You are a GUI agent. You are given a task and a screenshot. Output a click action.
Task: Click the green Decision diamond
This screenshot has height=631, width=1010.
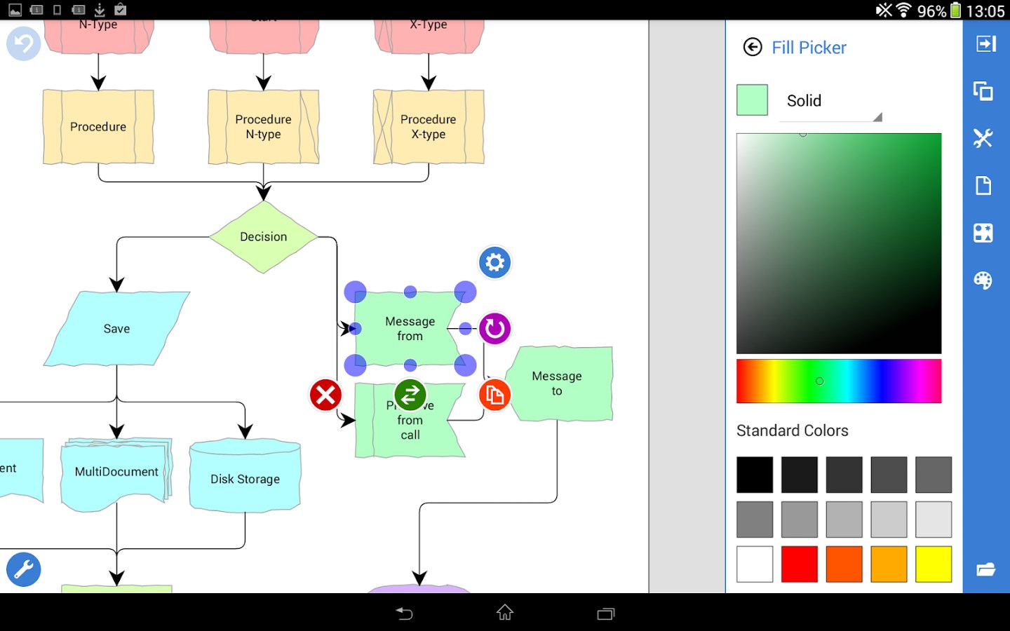tap(263, 237)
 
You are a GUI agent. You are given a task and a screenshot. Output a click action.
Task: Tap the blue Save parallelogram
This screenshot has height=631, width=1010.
tap(116, 329)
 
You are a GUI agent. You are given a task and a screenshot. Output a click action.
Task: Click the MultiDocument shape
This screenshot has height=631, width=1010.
tap(116, 472)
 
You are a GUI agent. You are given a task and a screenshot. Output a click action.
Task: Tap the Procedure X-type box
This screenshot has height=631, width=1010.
tap(428, 127)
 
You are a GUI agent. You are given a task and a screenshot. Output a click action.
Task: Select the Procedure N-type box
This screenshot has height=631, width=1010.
tap(263, 127)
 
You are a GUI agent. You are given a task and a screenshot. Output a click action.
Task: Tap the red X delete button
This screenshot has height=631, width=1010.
tap(325, 395)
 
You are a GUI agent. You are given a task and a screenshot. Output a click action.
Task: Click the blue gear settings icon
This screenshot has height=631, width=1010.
tap(494, 263)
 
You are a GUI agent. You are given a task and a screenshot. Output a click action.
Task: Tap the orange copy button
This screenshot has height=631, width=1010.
tap(494, 395)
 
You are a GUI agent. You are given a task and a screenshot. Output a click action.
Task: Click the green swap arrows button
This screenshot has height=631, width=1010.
tap(410, 395)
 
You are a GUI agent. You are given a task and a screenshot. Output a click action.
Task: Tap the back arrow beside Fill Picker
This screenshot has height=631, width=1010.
tap(753, 47)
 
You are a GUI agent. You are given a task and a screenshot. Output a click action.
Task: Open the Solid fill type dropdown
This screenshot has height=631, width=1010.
tap(830, 102)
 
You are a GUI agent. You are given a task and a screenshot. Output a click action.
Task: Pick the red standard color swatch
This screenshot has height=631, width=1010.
tap(800, 564)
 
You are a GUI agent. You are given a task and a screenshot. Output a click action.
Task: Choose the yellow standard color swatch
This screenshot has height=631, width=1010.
tap(934, 564)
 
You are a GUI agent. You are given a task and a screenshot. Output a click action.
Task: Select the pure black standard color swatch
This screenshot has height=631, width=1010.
tap(755, 475)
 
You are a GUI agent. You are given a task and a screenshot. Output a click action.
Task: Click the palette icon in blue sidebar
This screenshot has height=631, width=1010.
tap(983, 280)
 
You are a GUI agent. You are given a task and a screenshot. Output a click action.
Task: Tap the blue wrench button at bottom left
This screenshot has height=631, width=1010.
tap(24, 569)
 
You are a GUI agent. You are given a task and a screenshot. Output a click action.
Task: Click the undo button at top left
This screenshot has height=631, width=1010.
tap(24, 43)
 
